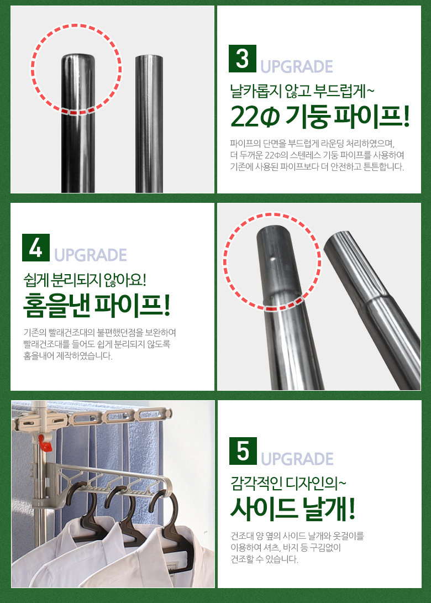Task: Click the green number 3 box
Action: [x=242, y=59]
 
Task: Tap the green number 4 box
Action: [x=36, y=247]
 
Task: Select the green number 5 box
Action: [x=243, y=450]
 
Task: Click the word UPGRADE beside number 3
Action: [x=296, y=66]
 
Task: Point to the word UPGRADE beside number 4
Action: [x=91, y=255]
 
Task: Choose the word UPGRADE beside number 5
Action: [x=297, y=459]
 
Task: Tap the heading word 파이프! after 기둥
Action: [x=371, y=117]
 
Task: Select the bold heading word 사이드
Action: [x=264, y=508]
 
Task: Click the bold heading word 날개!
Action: [x=329, y=508]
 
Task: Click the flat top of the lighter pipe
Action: [x=149, y=57]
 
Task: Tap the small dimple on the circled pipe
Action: [x=272, y=259]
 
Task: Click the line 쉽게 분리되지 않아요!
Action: [x=85, y=280]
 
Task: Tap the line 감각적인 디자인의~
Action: [x=288, y=484]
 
